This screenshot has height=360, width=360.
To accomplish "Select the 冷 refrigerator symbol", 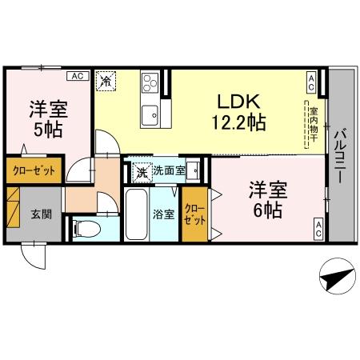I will click(x=106, y=80).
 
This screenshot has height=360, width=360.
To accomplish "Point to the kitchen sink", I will click(x=150, y=115).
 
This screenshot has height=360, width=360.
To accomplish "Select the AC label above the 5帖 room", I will click(x=77, y=76).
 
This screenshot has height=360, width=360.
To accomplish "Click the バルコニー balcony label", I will click(x=340, y=154).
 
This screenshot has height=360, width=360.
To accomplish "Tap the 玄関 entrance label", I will click(x=42, y=214).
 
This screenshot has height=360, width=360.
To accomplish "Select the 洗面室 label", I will click(x=170, y=170).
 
